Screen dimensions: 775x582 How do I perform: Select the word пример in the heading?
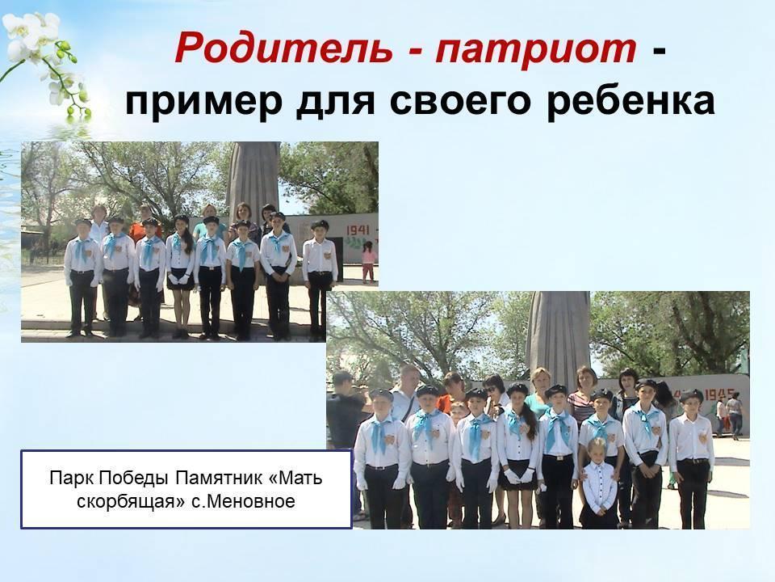203,102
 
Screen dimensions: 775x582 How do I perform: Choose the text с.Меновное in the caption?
243,501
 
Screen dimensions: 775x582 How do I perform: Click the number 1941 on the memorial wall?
358,230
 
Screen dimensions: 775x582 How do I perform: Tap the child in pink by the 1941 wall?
368,261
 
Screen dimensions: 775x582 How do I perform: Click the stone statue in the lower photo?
558,335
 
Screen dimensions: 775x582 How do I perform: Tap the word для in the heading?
336,103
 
